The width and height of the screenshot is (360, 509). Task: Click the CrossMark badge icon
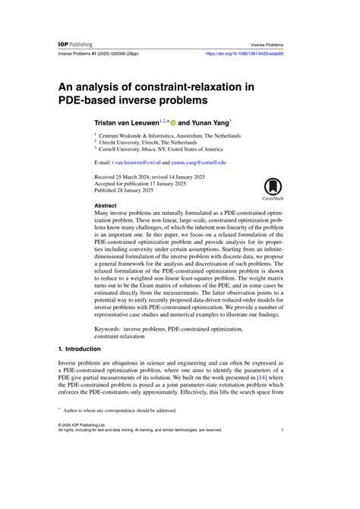[274, 188]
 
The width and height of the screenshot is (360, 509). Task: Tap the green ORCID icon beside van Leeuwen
[172, 122]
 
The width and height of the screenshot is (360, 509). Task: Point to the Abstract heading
[106, 206]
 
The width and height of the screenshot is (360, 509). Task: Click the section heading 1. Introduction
[84, 348]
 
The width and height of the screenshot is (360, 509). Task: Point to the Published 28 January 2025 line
[128, 192]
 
